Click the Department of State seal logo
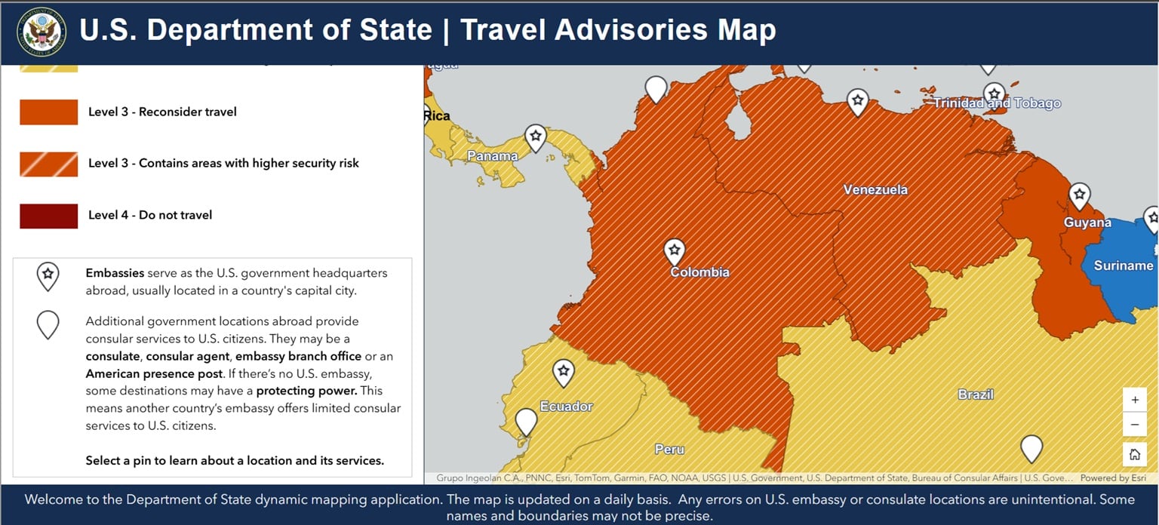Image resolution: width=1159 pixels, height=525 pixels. (x=42, y=32)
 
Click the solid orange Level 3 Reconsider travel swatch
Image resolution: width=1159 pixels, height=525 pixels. (x=49, y=112)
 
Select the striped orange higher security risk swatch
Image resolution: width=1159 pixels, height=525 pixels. (x=49, y=163)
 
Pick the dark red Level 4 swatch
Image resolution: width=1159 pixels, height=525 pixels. (x=49, y=215)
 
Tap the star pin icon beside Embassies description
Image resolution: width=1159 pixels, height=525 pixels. (x=48, y=276)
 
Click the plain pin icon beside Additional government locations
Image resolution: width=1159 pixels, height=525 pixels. (x=48, y=324)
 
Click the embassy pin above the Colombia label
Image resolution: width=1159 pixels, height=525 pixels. (x=675, y=250)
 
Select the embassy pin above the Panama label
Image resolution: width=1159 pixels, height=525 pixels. (x=536, y=137)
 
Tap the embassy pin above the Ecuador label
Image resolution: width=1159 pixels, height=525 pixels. (x=564, y=372)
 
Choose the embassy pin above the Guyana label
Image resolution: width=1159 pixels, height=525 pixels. (x=1080, y=195)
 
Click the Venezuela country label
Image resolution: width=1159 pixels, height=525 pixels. (x=875, y=189)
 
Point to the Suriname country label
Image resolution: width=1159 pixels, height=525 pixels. (x=1123, y=266)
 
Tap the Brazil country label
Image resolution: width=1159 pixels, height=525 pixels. (x=976, y=395)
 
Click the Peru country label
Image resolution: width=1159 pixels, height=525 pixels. (x=669, y=450)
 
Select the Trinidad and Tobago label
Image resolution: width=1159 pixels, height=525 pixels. (x=997, y=103)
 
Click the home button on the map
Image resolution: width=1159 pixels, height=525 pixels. (x=1134, y=454)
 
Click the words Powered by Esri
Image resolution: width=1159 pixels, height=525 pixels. (x=1113, y=478)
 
